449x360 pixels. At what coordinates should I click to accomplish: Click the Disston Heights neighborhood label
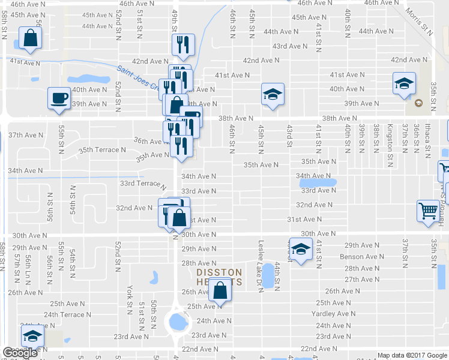[x=220, y=277]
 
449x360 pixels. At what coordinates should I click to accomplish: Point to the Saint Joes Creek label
[x=137, y=79]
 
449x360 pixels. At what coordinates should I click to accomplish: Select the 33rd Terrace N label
[x=142, y=184]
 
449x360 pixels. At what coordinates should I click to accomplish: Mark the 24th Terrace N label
[x=67, y=314]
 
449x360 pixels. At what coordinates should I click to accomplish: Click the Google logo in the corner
[x=20, y=353]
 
